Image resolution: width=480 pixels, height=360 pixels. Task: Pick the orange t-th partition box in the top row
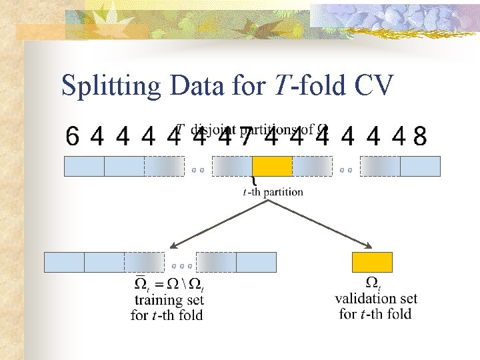[x=272, y=166]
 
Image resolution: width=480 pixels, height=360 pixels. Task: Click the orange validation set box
[x=372, y=262]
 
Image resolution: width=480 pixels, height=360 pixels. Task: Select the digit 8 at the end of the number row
[x=420, y=137]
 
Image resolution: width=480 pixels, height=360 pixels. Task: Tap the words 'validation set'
[x=376, y=298]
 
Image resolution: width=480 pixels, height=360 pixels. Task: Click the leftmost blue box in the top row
[x=84, y=166]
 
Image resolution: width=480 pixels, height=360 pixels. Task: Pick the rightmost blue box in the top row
[x=420, y=166]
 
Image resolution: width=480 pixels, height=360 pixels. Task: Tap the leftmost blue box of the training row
[x=64, y=262]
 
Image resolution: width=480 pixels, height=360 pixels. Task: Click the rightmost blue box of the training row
[x=256, y=262]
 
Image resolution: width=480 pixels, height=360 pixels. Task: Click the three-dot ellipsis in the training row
[x=181, y=266]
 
